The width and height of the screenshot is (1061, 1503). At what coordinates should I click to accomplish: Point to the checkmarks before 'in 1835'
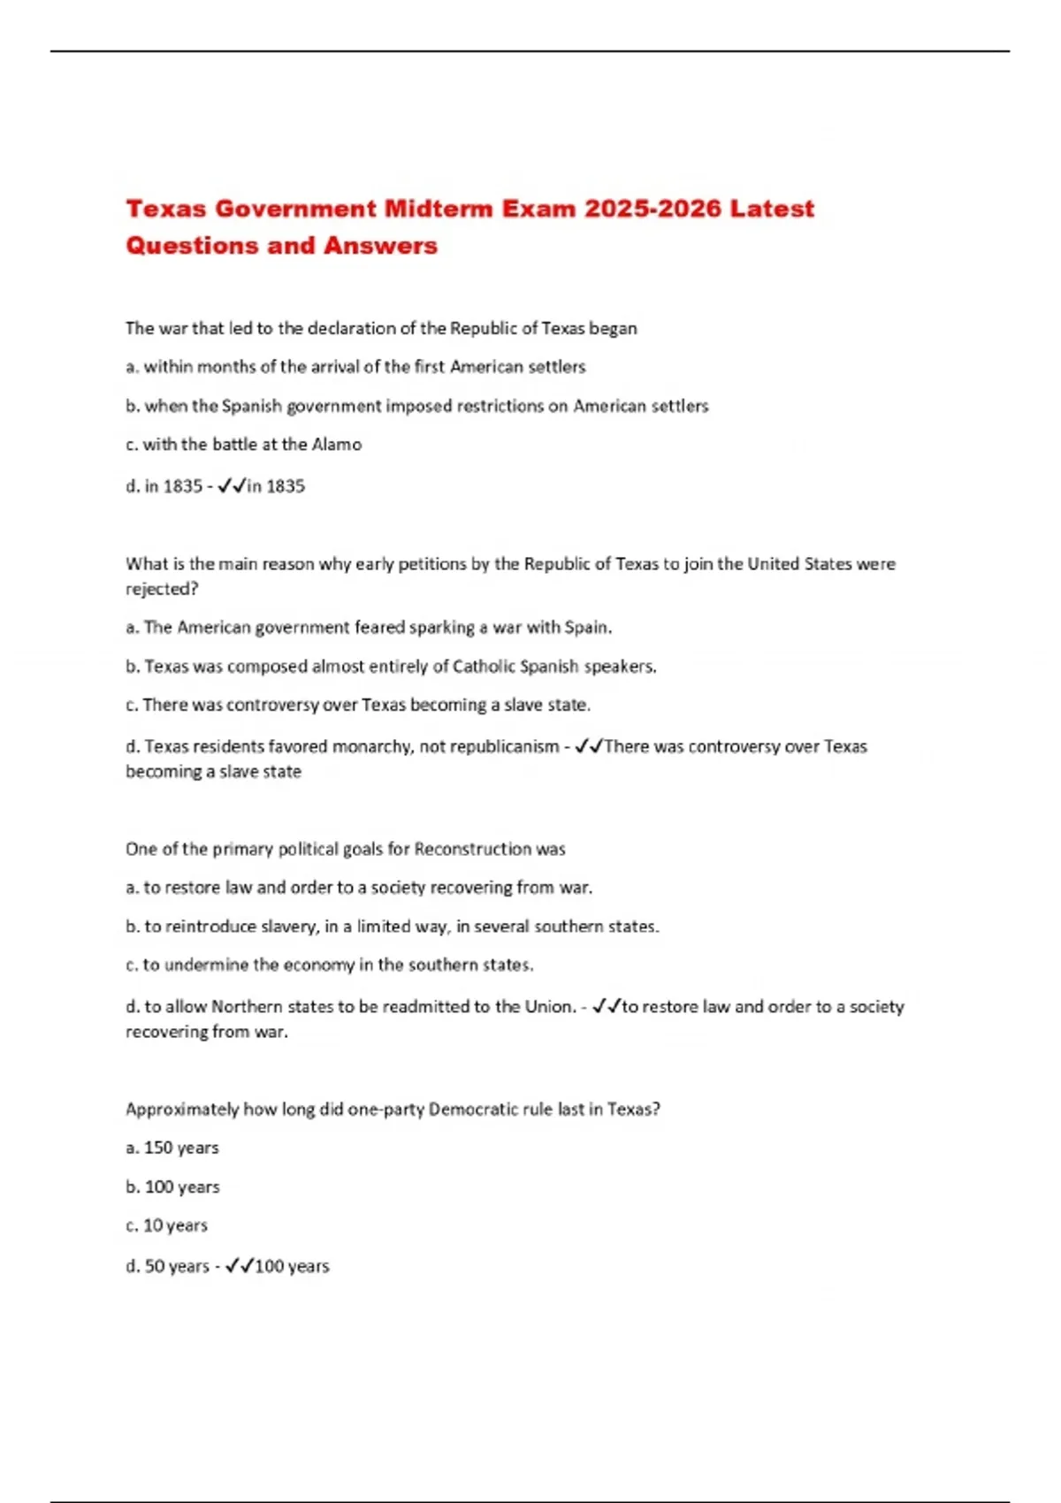(x=232, y=485)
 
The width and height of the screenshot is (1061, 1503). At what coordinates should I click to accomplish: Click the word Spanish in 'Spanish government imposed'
(x=251, y=406)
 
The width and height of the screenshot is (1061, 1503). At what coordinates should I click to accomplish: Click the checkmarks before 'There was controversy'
(x=589, y=747)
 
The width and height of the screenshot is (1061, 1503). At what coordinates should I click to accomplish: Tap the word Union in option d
(x=549, y=1007)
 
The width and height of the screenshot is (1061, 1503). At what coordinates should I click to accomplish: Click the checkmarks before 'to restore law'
(x=607, y=1007)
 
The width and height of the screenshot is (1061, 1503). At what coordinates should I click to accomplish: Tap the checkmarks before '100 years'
(x=240, y=1267)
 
